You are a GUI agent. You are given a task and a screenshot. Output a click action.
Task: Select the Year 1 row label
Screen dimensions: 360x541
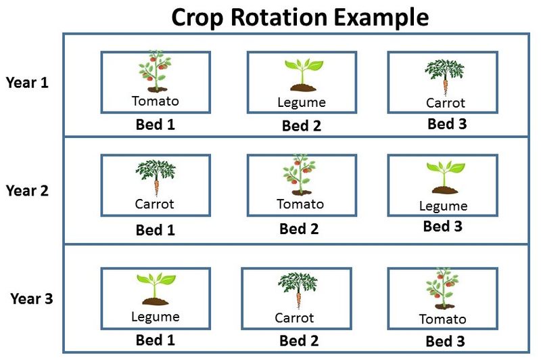point(27,83)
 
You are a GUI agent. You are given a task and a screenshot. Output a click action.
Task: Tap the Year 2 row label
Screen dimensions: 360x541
point(27,191)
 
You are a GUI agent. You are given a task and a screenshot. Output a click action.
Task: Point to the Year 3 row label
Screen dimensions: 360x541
point(31,298)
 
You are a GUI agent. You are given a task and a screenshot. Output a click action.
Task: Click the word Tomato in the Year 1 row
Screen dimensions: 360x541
point(156,102)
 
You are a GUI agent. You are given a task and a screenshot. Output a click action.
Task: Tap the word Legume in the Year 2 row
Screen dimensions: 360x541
point(443,206)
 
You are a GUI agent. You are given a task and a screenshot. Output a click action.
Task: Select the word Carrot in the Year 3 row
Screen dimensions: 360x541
point(295,317)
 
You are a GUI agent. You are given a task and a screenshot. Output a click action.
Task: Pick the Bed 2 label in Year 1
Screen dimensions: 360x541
point(302,125)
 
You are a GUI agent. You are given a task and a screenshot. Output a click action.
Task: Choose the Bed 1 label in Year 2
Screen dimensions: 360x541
point(156,229)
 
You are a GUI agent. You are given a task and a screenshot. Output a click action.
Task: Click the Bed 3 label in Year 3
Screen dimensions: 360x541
point(445,341)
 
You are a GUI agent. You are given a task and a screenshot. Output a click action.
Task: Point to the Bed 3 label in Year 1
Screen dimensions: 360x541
point(447,124)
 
